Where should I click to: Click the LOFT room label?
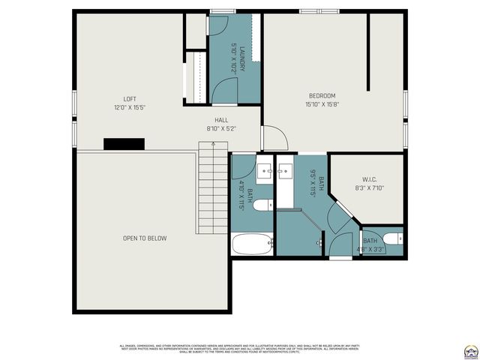[x=130, y=99]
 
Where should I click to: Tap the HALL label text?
[x=221, y=120]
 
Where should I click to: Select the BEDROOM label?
[x=322, y=95]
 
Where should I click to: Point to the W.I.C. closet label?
[x=368, y=178]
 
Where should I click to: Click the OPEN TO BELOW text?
[x=145, y=238]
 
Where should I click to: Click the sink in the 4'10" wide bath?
[x=264, y=173]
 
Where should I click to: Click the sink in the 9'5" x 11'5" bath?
[x=285, y=173]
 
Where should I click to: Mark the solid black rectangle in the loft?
[x=124, y=144]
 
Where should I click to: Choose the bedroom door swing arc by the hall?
[x=274, y=137]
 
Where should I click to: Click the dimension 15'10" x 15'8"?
[x=322, y=104]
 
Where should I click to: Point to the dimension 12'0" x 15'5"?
[x=130, y=108]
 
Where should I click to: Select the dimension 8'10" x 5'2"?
[x=221, y=129]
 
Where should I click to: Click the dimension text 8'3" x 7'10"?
[x=368, y=187]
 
